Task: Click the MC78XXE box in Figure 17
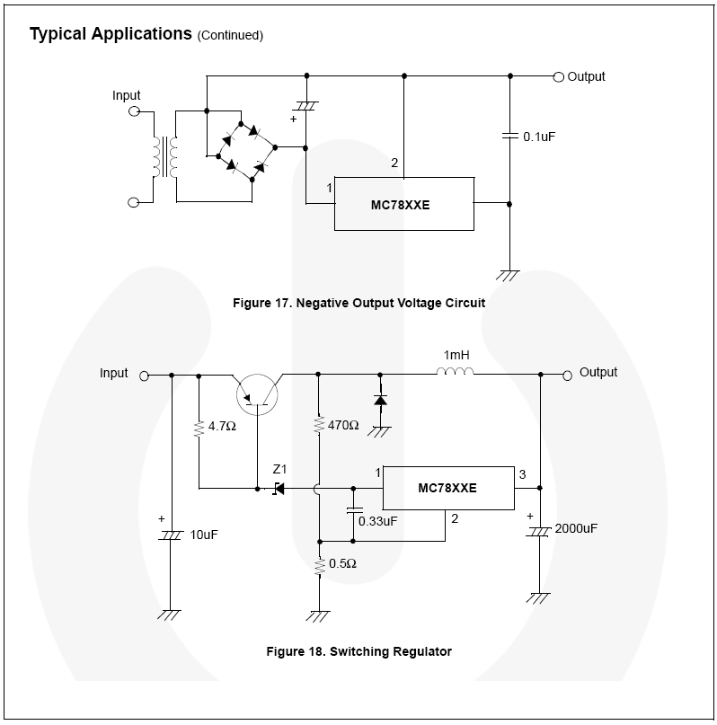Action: point(403,204)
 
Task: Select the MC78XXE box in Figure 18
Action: point(447,489)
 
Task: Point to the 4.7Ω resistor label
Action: point(221,426)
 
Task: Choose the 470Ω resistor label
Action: point(343,425)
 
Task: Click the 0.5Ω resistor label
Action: point(342,564)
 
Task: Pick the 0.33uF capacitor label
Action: point(377,521)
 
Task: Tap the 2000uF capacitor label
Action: point(576,528)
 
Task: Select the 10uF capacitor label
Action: point(204,535)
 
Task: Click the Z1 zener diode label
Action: point(279,470)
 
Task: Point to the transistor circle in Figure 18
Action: point(257,393)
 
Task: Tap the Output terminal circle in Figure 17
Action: point(558,77)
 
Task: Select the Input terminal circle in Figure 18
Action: point(144,375)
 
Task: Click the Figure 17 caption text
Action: point(358,303)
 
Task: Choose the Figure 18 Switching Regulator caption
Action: point(358,651)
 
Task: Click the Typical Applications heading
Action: point(111,34)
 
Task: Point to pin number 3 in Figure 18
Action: point(521,473)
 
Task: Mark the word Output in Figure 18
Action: point(598,373)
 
